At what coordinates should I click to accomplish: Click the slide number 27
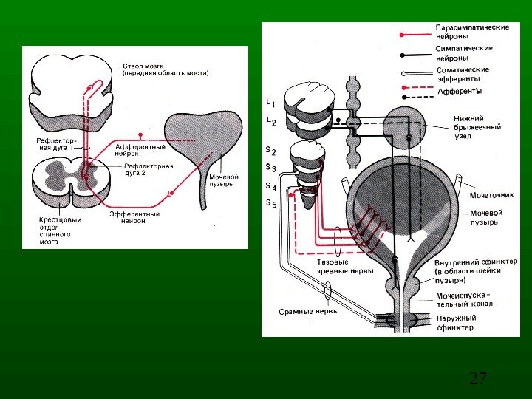(478, 380)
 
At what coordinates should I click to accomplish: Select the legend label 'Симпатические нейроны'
(464, 52)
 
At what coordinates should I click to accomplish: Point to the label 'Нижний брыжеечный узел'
(477, 127)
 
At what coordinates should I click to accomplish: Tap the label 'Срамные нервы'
(309, 311)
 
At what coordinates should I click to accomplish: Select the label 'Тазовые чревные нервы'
(345, 267)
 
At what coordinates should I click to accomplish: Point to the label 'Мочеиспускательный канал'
(463, 299)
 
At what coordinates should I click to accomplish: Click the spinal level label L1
(270, 102)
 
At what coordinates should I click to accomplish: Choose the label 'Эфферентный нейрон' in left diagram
(134, 217)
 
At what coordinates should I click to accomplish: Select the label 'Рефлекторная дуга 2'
(148, 170)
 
